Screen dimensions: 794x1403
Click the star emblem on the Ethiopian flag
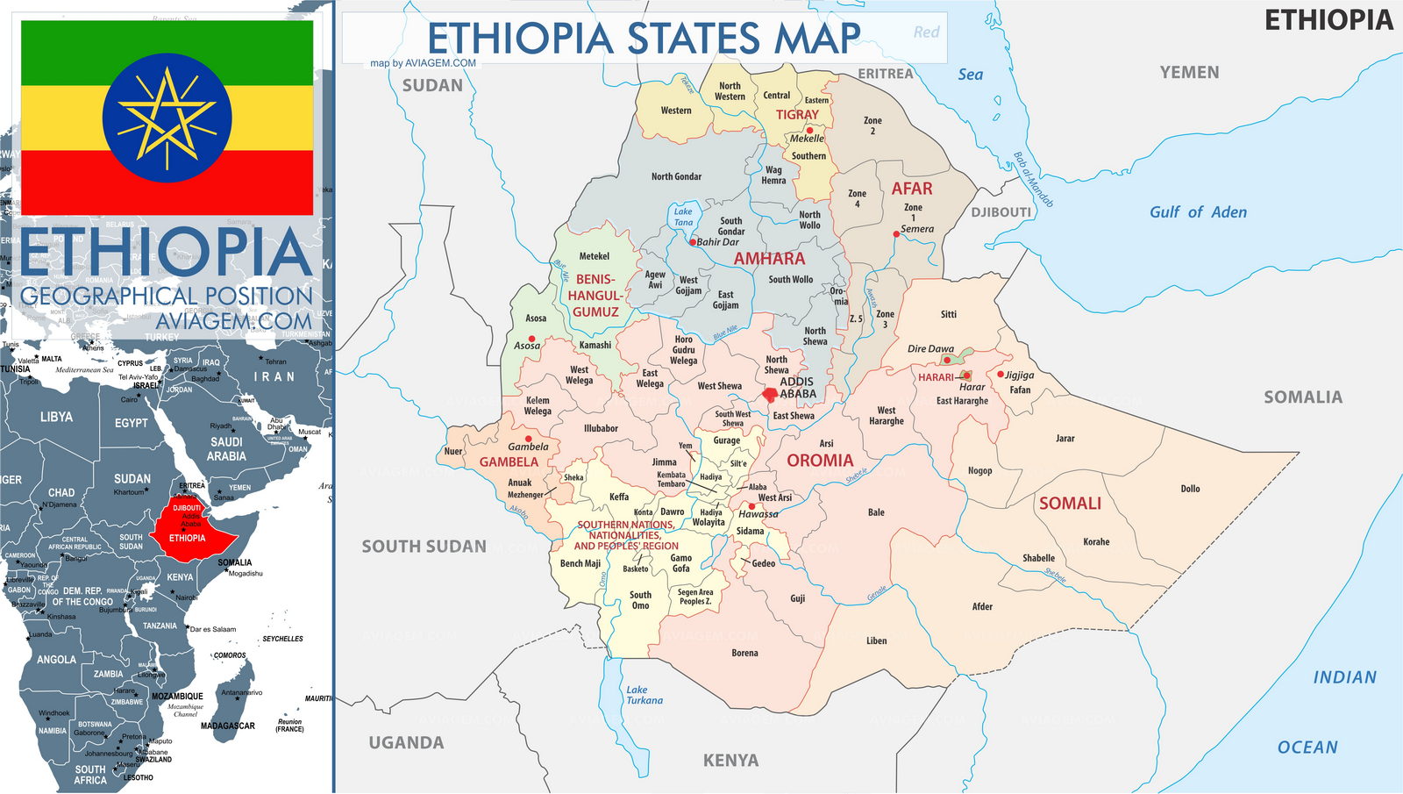(x=167, y=118)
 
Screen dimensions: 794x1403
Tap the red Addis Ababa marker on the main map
(x=770, y=396)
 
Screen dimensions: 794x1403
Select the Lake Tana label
(x=683, y=217)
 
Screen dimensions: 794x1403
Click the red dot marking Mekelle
(x=809, y=130)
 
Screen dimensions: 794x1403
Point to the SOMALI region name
(x=1070, y=504)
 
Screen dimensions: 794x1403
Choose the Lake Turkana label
(x=644, y=695)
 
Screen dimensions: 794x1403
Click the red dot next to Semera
(x=896, y=234)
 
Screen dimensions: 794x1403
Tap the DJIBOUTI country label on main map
(x=1001, y=212)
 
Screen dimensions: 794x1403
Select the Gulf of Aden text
(x=1198, y=212)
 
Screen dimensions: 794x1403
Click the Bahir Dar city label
(x=717, y=242)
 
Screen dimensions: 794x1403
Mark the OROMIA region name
(x=819, y=461)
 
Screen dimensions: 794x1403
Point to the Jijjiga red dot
(x=1001, y=375)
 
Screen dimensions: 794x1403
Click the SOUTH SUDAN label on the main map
(x=424, y=547)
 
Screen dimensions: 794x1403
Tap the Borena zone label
(x=744, y=653)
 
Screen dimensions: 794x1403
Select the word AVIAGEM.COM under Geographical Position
(x=233, y=321)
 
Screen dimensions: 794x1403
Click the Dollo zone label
(x=1190, y=489)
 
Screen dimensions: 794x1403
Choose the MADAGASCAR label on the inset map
(x=227, y=726)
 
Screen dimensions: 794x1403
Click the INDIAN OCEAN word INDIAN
(x=1344, y=677)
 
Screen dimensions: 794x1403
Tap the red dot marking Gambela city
(x=528, y=438)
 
